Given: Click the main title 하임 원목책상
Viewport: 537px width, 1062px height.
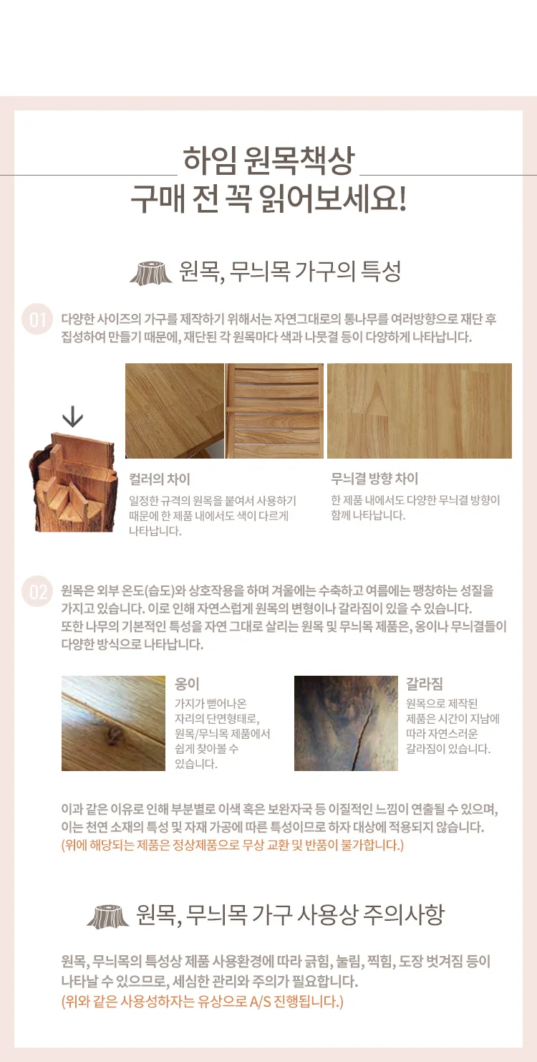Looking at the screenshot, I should coord(268,160).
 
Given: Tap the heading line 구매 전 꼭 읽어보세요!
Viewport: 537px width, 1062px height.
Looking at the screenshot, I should coord(268,198).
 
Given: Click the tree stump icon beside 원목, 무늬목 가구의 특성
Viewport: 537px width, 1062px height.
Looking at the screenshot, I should coord(150,273).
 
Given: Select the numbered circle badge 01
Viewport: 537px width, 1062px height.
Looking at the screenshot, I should coord(37,320).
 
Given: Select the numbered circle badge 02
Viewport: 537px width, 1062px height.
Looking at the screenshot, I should coord(37,592).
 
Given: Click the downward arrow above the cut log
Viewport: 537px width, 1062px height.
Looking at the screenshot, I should coord(72,418).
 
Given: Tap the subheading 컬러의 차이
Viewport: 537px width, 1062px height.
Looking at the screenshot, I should coord(160,479).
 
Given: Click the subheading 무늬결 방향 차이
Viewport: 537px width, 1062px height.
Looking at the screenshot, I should coord(374,479).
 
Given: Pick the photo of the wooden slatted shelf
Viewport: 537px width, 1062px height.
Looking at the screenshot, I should coord(275,411).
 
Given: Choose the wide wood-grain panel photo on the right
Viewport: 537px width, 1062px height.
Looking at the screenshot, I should coord(419,411).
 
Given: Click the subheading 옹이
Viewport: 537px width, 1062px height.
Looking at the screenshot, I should coord(188,684).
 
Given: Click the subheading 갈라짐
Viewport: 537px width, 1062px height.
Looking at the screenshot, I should coord(424,684).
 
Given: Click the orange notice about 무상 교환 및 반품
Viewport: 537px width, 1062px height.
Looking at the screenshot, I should coord(233,846).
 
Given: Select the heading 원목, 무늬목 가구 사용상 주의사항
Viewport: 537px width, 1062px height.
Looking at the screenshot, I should coord(290,914).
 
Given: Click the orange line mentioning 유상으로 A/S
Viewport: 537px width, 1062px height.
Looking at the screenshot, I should coord(203,1001).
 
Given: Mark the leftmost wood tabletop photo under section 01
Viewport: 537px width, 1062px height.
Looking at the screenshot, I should coord(175,411).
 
